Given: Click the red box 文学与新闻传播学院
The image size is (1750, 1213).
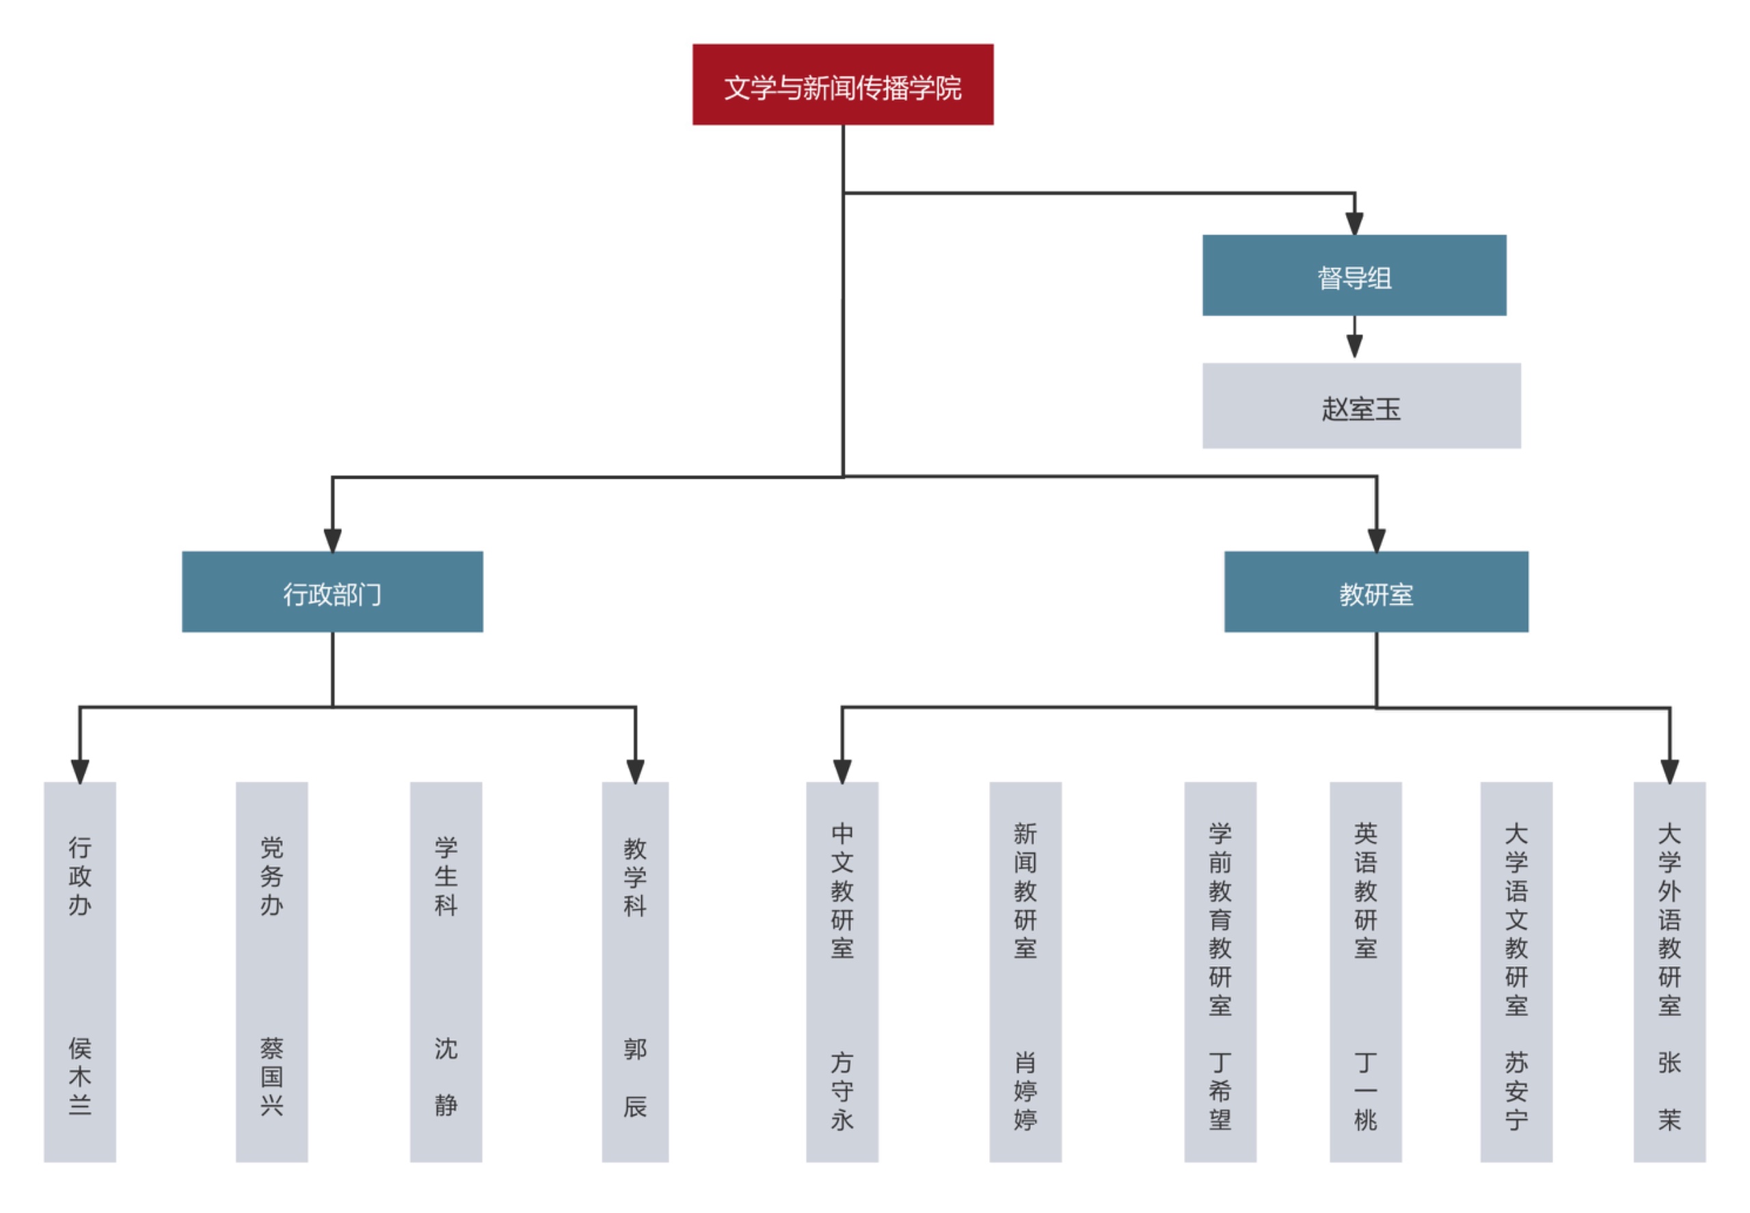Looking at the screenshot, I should [x=842, y=84].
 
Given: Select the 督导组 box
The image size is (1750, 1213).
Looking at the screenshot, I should [x=1354, y=275].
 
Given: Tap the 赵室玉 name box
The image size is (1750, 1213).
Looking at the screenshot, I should [x=1361, y=406].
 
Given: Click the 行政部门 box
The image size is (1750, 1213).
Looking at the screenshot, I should [x=332, y=591].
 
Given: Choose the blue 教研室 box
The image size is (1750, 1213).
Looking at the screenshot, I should [x=1375, y=591].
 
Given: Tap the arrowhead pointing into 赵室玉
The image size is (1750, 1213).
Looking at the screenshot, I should [x=1354, y=347].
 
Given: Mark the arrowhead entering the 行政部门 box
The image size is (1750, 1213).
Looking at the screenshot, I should [x=332, y=540].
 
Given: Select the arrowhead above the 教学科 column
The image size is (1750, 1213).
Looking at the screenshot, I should [x=634, y=771].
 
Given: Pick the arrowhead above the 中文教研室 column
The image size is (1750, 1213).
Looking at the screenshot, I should [x=842, y=771].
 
